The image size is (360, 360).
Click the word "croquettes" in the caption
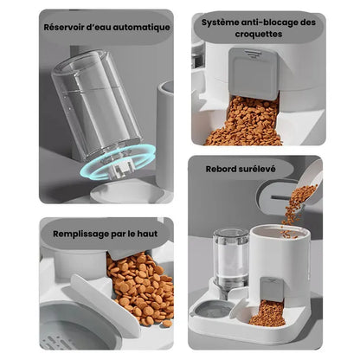[x=258, y=34]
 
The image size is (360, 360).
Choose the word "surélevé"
[x=256, y=169]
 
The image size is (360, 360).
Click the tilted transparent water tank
[x=97, y=106]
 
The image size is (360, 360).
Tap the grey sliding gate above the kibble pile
[x=254, y=74]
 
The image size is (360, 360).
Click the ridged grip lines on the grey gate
[x=253, y=54]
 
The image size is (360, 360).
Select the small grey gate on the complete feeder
[x=271, y=289]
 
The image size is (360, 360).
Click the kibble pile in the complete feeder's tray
[x=267, y=313]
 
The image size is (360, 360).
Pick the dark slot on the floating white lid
[x=281, y=197]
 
